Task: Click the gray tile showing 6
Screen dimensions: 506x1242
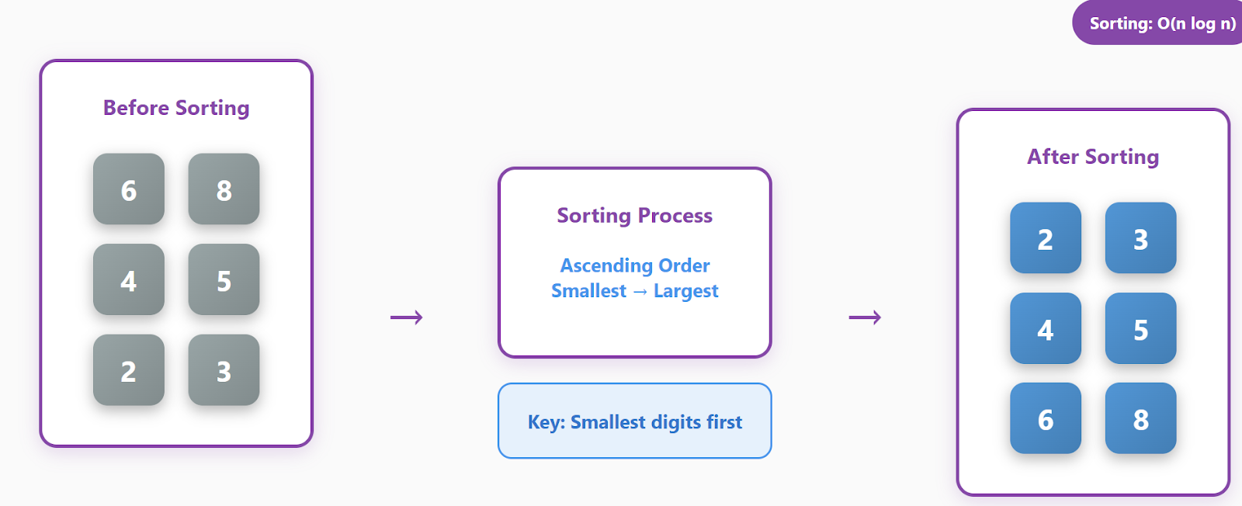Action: [129, 189]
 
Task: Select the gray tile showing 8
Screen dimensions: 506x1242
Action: [224, 189]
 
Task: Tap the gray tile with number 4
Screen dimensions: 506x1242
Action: [129, 280]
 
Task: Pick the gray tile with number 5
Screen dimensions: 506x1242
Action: [224, 280]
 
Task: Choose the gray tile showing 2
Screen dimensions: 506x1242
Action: [129, 370]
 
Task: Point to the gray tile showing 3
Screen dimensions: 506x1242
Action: [224, 370]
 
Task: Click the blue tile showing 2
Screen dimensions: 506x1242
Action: [1046, 238]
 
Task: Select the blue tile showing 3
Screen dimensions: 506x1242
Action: [1140, 238]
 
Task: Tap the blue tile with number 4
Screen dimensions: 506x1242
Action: [1046, 329]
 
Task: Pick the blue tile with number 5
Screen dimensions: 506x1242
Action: [1140, 329]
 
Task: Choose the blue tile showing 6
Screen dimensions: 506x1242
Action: [1046, 419]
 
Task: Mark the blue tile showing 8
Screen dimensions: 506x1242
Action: [1140, 419]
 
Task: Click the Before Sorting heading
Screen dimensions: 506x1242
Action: [176, 108]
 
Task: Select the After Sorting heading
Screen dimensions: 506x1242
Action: [1093, 157]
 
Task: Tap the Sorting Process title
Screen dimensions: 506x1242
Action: [634, 215]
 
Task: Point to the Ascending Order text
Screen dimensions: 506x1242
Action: [635, 265]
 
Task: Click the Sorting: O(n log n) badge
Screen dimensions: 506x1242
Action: [1161, 23]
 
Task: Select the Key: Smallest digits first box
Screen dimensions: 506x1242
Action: [634, 421]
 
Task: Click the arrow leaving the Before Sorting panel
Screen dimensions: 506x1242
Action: [406, 317]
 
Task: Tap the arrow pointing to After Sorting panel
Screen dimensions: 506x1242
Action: [865, 317]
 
